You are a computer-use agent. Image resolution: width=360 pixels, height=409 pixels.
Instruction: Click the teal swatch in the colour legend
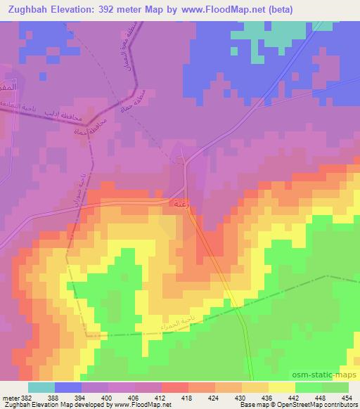[41, 387]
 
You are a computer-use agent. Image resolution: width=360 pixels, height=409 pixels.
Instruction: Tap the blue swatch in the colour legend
[68, 387]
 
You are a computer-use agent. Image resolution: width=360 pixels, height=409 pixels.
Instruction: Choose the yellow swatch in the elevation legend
[282, 387]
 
